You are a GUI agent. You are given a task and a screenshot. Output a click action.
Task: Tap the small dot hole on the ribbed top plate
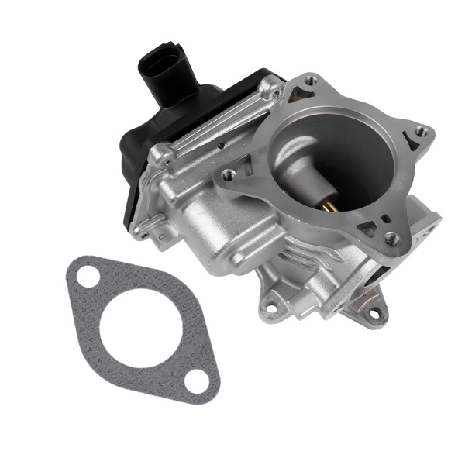222,143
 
